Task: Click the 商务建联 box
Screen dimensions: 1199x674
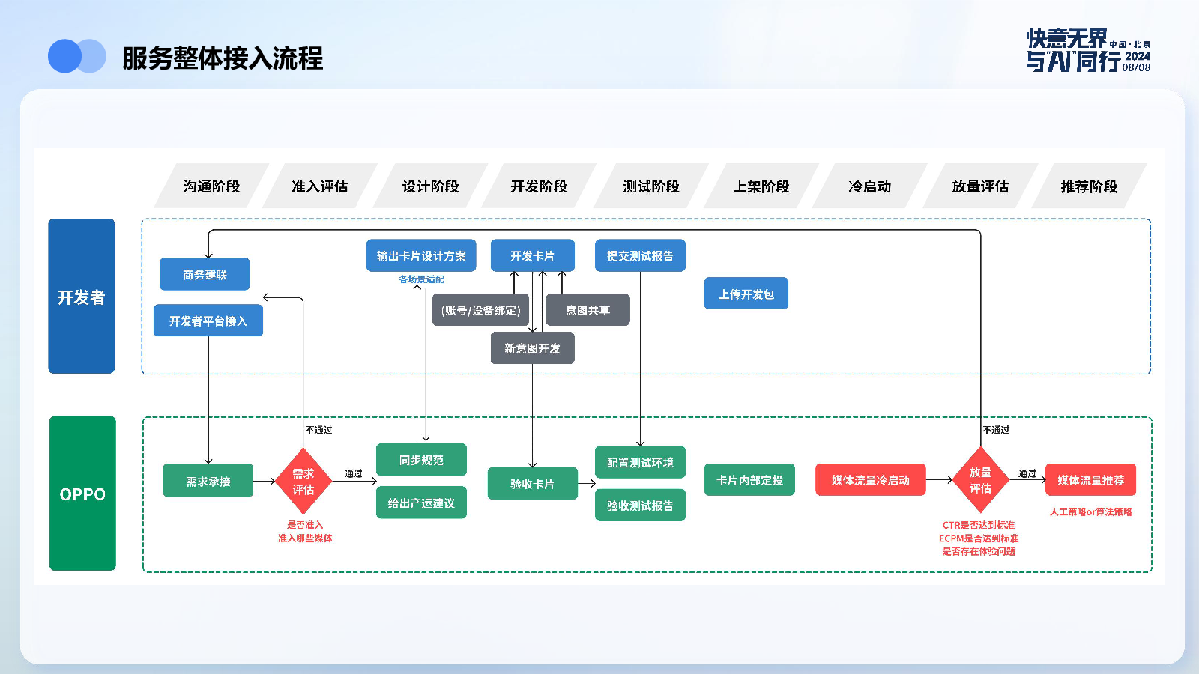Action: coord(205,274)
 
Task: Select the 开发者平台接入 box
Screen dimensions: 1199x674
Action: coord(208,321)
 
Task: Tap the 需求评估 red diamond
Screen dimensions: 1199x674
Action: coord(303,481)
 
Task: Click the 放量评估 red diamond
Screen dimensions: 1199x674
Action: coord(981,480)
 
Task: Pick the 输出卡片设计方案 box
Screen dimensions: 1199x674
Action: coord(421,255)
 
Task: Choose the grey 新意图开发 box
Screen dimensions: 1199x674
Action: coord(533,348)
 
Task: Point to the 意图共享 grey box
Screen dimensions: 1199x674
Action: coord(588,310)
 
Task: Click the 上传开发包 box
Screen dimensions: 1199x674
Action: coord(746,294)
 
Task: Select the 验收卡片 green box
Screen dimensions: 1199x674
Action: coord(533,484)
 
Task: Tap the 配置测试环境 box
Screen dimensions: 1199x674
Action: coord(640,462)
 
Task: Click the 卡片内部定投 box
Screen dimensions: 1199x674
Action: coord(749,480)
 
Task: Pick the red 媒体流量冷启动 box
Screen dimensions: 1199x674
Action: coord(870,480)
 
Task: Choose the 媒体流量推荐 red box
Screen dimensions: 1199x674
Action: coord(1090,480)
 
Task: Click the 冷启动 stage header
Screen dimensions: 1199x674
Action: coord(870,186)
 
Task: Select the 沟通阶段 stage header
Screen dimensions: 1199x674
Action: coord(211,186)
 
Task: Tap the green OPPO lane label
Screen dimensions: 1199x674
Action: coord(82,494)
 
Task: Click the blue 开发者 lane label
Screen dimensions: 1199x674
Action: coord(82,297)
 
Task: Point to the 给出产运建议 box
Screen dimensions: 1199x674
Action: coord(421,503)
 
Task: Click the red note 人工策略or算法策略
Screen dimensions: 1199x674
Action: coord(1090,512)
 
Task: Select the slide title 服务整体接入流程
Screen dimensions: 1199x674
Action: coord(223,58)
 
